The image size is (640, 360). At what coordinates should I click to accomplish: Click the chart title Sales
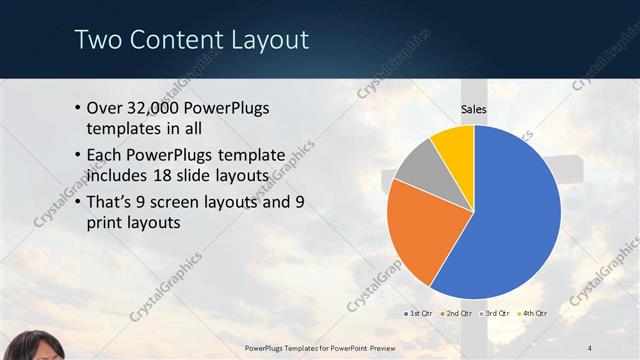pos(474,109)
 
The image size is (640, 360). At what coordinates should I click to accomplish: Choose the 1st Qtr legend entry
pos(421,313)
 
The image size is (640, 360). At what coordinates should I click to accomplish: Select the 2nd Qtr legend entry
pos(460,313)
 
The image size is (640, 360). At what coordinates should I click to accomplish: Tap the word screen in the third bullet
pos(192,202)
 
